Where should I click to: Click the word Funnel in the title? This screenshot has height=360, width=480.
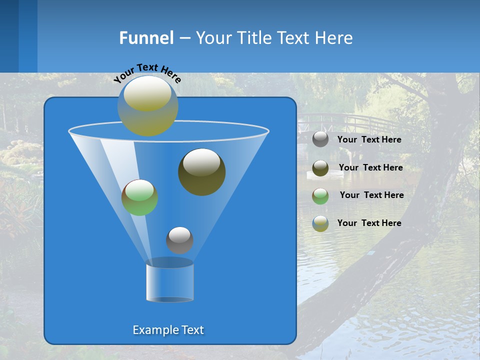[146, 38]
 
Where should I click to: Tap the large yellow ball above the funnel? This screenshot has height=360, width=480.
[148, 105]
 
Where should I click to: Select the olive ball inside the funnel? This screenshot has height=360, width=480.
[201, 172]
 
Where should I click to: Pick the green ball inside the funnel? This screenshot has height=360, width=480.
[139, 197]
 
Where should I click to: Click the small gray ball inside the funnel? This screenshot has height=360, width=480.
[179, 240]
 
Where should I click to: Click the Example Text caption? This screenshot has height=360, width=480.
[168, 330]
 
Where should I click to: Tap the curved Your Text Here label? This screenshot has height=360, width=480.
[147, 72]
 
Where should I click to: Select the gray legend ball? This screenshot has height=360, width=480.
[320, 139]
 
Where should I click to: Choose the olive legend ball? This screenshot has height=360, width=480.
[320, 168]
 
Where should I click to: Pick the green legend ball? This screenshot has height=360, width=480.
[320, 196]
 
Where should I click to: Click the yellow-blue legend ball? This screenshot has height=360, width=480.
[320, 223]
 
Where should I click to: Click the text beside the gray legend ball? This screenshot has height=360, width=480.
[369, 140]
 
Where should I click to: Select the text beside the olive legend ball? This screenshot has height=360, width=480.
[370, 168]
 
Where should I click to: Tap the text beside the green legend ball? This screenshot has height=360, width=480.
[371, 195]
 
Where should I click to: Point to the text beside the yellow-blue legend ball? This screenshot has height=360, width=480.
[369, 223]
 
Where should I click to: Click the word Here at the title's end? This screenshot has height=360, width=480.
[334, 38]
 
